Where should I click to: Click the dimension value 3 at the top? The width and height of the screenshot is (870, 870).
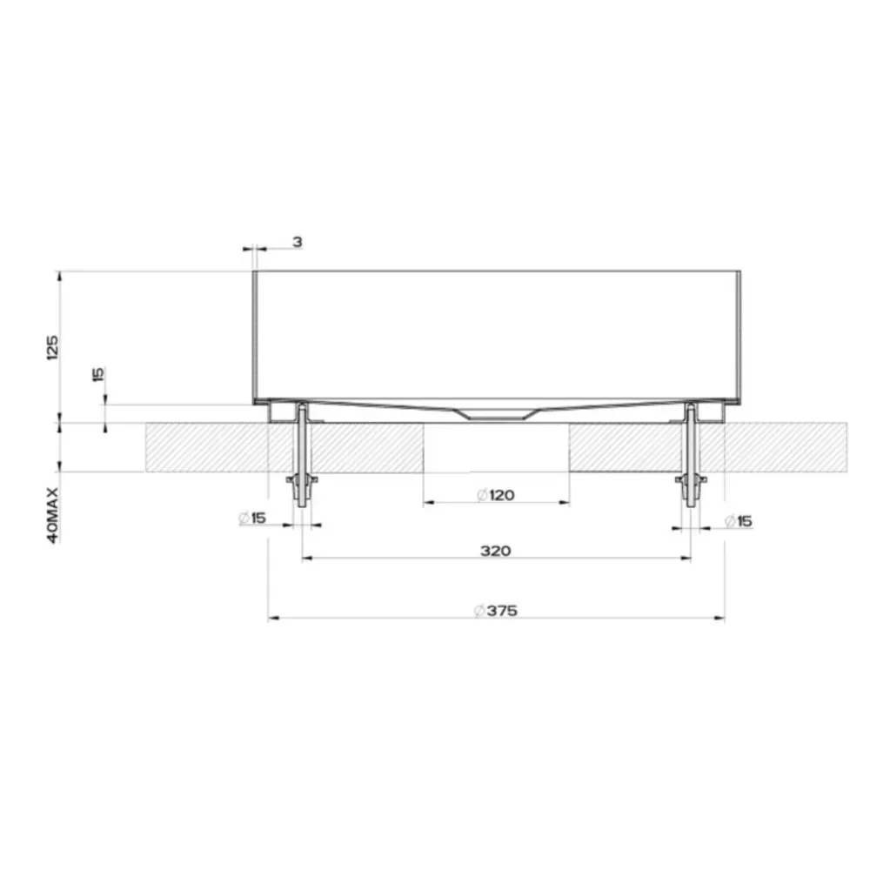[x=298, y=242]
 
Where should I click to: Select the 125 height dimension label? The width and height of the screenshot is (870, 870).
[x=52, y=347]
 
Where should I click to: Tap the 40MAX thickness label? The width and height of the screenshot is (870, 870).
[x=52, y=515]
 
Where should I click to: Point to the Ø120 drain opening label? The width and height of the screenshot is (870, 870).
[x=496, y=494]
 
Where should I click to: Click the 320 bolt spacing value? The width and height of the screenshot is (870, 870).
[x=496, y=551]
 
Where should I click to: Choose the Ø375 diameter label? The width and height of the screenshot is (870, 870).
[x=496, y=611]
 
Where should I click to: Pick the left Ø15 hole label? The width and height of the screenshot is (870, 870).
[x=252, y=519]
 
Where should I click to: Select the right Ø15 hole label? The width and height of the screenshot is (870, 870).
[x=739, y=521]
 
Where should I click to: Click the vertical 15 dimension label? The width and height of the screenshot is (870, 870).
[x=98, y=374]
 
